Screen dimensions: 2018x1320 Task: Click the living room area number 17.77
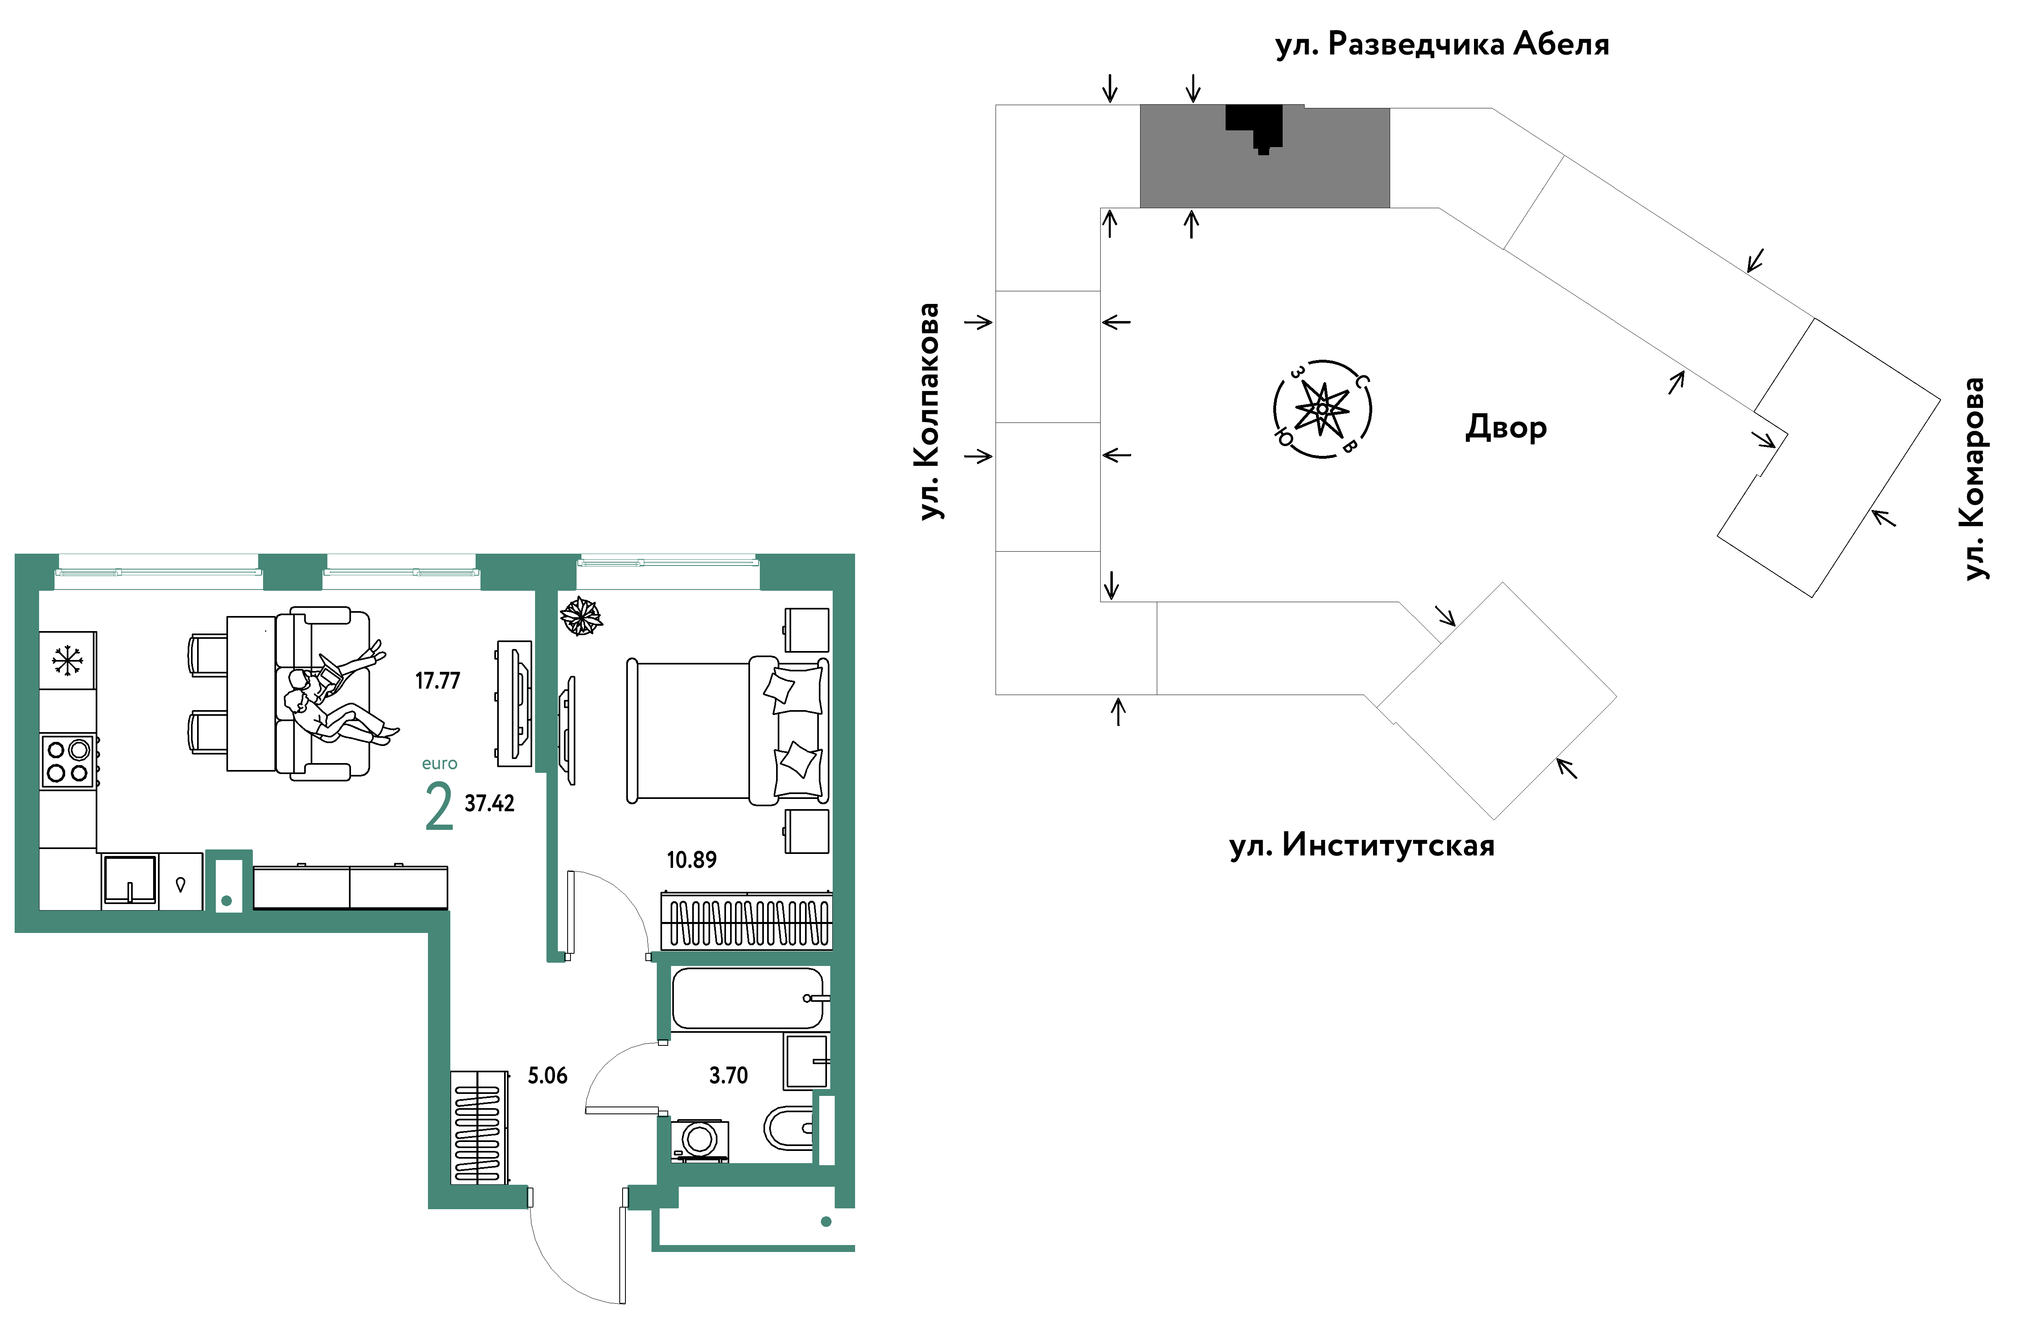[x=437, y=680]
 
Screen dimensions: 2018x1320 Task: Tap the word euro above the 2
[x=439, y=763]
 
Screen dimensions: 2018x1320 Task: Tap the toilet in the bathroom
[x=789, y=1127]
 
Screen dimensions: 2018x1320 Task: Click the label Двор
[x=1506, y=427]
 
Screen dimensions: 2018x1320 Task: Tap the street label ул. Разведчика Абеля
[x=1442, y=44]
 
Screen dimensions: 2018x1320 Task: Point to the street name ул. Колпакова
[x=929, y=411]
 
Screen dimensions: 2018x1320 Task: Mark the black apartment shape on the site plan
[x=1255, y=128]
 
